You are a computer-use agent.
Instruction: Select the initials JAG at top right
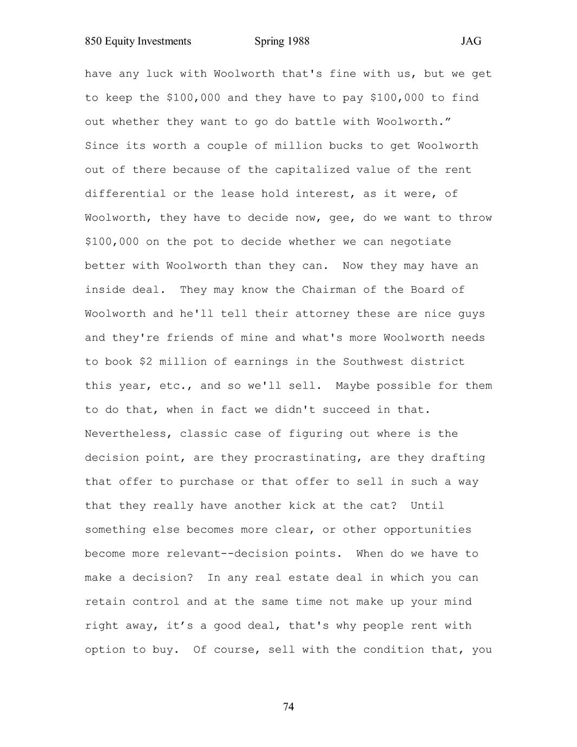[471, 41]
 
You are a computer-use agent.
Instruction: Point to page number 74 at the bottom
[289, 706]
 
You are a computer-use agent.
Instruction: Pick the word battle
[316, 122]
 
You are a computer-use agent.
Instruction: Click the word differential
[125, 194]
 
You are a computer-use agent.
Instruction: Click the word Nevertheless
[125, 434]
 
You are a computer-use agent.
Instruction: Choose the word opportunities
[428, 529]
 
